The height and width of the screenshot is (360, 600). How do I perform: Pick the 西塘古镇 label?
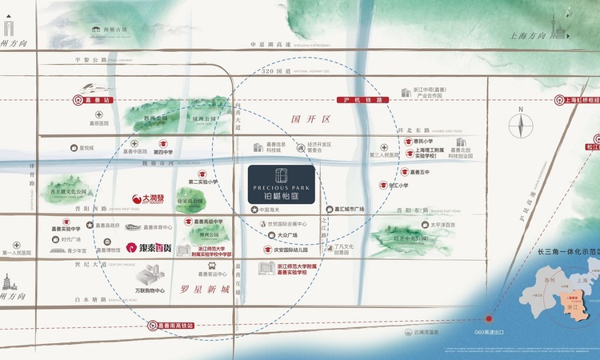[115, 29]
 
